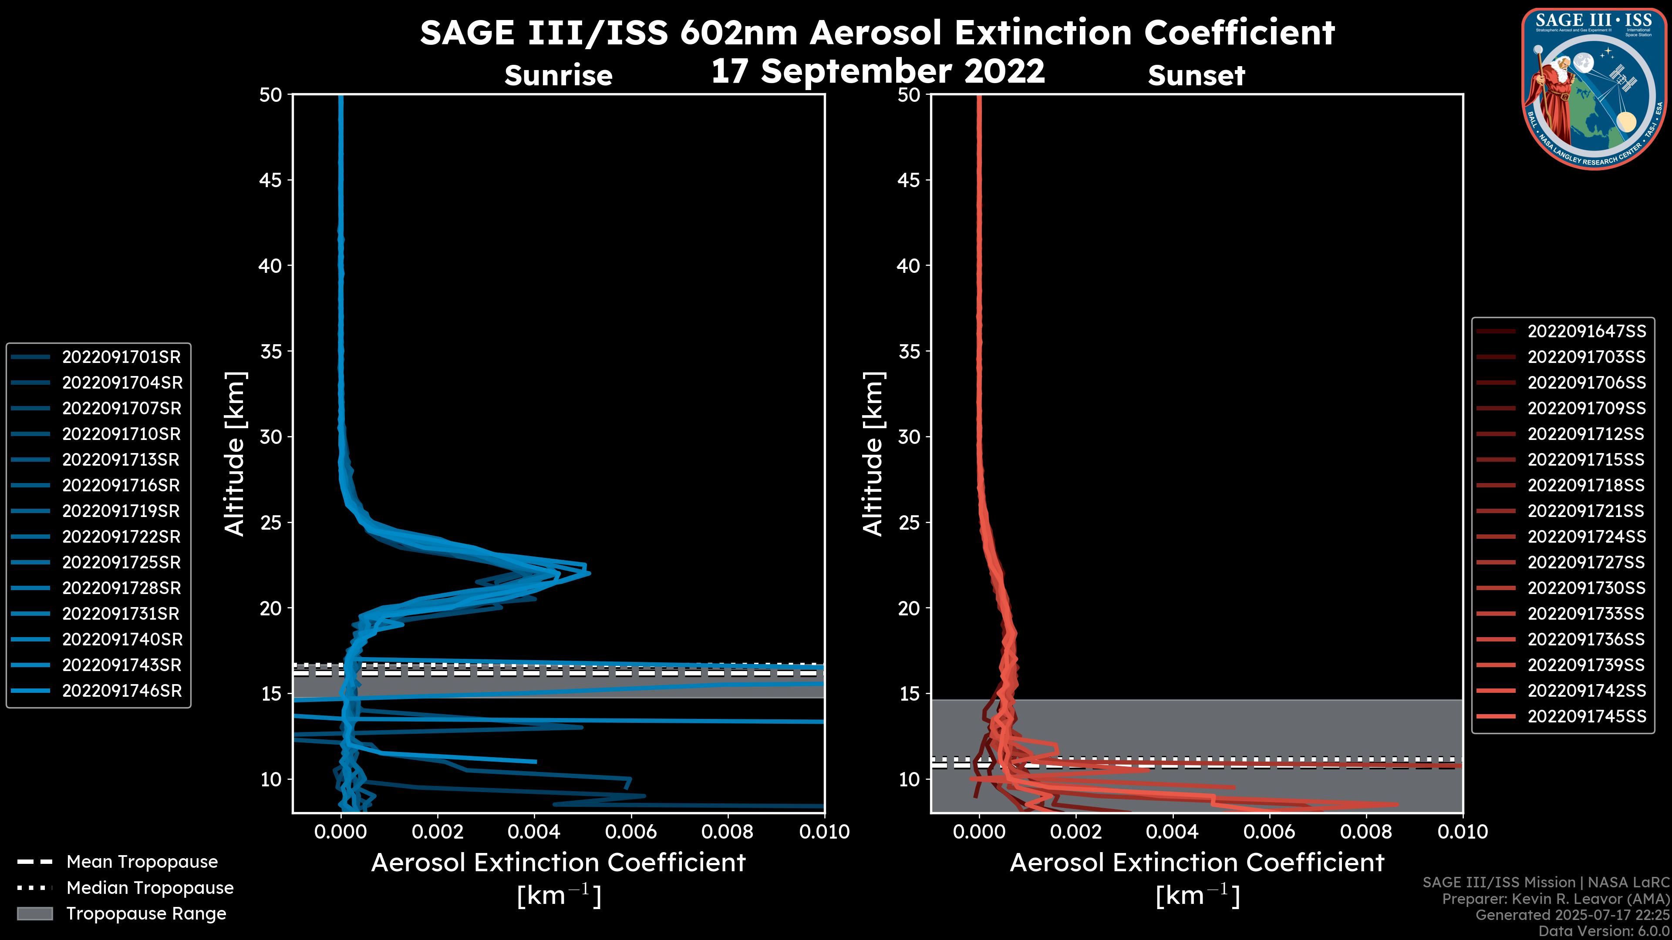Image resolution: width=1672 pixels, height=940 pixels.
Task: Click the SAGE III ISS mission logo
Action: (1592, 88)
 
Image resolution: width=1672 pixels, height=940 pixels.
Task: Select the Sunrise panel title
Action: (558, 76)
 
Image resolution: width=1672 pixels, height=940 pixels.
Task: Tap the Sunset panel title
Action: (1196, 76)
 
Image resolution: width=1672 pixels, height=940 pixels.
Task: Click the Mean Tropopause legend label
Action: (142, 862)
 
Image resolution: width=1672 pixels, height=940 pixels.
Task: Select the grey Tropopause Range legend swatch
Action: (34, 913)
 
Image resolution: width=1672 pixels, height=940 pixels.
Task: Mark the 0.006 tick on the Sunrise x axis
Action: (631, 832)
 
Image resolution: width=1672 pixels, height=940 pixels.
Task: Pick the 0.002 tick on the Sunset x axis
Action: (1075, 832)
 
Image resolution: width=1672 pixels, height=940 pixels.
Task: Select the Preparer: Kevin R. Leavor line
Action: (1555, 899)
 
